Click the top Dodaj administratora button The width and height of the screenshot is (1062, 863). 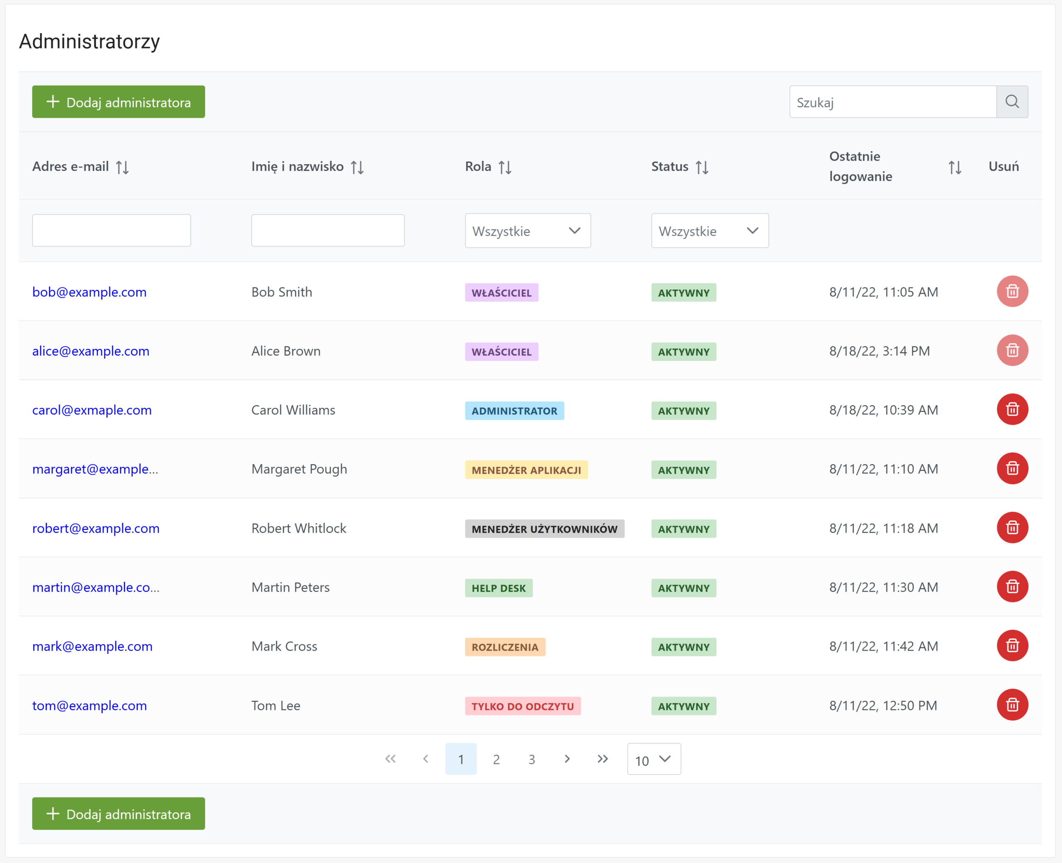click(x=118, y=102)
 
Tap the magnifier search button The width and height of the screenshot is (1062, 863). click(x=1012, y=102)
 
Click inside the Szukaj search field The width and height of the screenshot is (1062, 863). click(x=893, y=102)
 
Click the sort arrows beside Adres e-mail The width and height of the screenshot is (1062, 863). click(x=122, y=167)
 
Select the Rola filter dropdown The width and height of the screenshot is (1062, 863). click(x=528, y=231)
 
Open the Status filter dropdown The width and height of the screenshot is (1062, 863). click(x=710, y=231)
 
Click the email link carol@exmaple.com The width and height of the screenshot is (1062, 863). click(x=92, y=410)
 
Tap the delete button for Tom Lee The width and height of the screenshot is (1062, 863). click(x=1012, y=705)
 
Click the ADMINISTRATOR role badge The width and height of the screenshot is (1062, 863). click(x=514, y=411)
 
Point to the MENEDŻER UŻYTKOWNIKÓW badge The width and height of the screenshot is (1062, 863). click(x=545, y=529)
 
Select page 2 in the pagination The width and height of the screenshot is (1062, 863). click(x=496, y=759)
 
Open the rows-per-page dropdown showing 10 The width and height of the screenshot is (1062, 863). click(x=654, y=759)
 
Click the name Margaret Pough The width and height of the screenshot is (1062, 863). click(x=299, y=469)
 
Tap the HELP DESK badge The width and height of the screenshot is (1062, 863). click(x=499, y=588)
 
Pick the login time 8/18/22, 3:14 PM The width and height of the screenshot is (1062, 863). click(x=879, y=351)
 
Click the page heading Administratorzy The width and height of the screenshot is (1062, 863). click(x=90, y=41)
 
